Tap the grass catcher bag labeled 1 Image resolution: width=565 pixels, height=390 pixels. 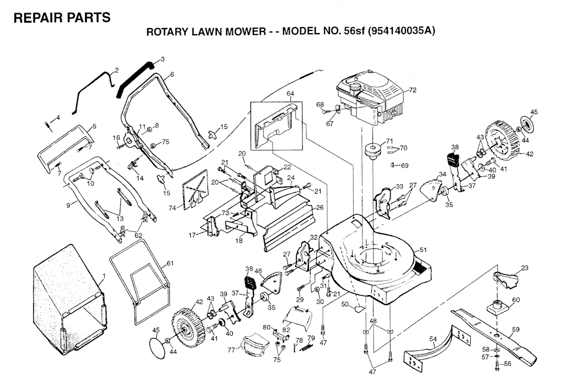tap(68, 300)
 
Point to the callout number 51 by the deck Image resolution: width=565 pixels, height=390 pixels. tap(423, 250)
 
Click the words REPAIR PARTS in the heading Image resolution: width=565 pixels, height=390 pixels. tap(62, 18)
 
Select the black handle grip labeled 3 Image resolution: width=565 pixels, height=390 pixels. tap(134, 80)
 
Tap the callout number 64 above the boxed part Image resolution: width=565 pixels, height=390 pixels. tap(290, 94)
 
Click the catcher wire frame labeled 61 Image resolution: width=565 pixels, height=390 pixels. tap(139, 282)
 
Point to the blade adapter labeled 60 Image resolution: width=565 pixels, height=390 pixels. tap(497, 306)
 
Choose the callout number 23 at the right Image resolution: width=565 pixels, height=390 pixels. tap(525, 268)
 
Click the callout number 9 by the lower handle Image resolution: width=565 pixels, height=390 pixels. tap(68, 206)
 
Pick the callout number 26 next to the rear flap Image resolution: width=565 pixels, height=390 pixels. tap(319, 208)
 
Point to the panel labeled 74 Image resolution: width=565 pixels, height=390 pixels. tap(195, 190)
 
